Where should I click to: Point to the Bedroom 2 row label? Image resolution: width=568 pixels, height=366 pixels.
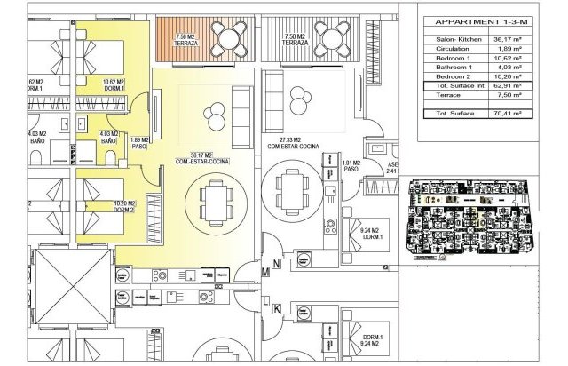tap(454, 76)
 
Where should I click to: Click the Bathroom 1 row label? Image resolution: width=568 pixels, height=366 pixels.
tap(455, 67)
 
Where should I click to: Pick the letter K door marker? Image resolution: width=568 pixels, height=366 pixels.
tap(276, 308)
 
